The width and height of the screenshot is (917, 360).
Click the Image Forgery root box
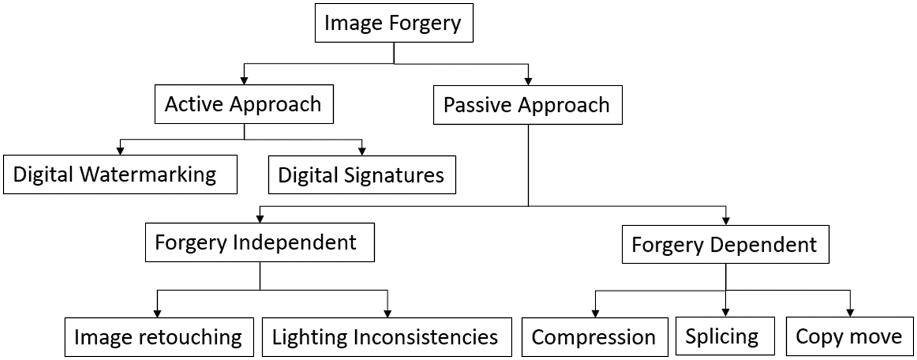coord(394,24)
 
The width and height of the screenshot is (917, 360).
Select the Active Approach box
coord(243,104)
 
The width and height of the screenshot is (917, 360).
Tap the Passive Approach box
coord(527,105)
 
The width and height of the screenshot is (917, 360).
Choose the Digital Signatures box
coord(361,175)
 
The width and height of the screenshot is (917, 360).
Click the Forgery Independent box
coord(260,243)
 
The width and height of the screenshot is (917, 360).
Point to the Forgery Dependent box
coord(725,245)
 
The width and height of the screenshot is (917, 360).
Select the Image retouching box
coord(158,337)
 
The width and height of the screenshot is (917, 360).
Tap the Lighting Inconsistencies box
coord(386,337)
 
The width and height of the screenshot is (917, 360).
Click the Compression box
coord(594,337)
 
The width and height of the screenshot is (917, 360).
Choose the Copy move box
coord(849,337)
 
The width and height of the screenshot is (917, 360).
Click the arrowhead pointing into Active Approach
coord(244,79)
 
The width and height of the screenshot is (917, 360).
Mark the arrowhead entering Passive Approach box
coord(528,80)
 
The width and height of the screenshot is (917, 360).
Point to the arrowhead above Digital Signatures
coord(362,151)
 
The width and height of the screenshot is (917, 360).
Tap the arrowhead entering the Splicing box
coord(726,312)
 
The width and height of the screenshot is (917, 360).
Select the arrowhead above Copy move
coord(850,312)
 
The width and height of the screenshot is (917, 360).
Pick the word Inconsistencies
coord(429,337)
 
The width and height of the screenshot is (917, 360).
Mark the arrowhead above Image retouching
coord(158,312)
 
